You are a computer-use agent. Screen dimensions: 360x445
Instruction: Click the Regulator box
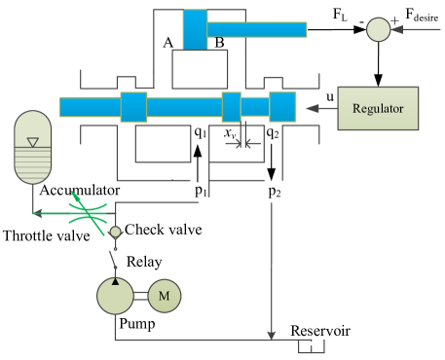tap(378, 108)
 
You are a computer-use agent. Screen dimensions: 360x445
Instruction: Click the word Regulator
tap(378, 107)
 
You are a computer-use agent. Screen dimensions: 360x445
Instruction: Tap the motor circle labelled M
tap(164, 296)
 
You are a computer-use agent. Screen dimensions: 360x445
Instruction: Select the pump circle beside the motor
tap(116, 296)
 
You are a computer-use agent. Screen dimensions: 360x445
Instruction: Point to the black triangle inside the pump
tap(116, 281)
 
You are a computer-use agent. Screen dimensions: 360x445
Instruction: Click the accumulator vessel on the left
tap(33, 147)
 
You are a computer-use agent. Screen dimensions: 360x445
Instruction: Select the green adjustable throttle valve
tap(87, 212)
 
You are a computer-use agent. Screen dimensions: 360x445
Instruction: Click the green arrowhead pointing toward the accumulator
tap(37, 212)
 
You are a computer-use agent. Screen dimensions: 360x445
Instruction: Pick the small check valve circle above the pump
tap(115, 232)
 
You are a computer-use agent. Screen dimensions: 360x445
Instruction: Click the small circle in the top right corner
tap(378, 30)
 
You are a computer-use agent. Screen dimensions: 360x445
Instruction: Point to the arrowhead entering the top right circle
tap(395, 30)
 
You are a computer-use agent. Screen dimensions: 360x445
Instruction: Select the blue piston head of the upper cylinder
tap(195, 29)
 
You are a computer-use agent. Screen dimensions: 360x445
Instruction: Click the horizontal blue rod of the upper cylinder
tap(257, 29)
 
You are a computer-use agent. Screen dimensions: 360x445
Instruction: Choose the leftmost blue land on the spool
tap(133, 106)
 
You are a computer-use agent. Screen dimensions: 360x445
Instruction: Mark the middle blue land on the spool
tap(231, 106)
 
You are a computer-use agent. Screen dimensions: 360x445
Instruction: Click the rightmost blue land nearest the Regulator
tap(282, 106)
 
